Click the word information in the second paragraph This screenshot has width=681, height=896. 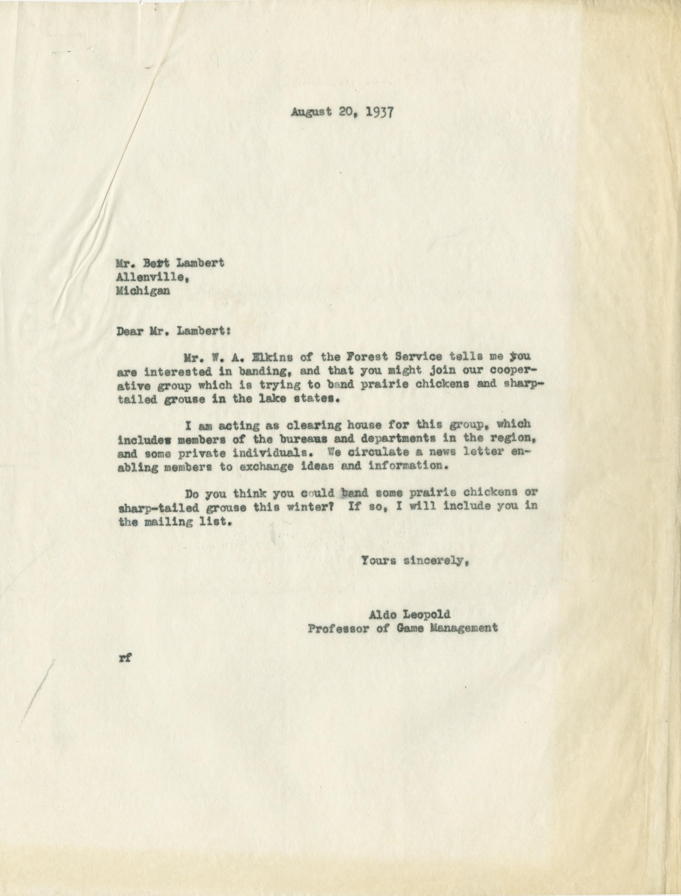point(407,466)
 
